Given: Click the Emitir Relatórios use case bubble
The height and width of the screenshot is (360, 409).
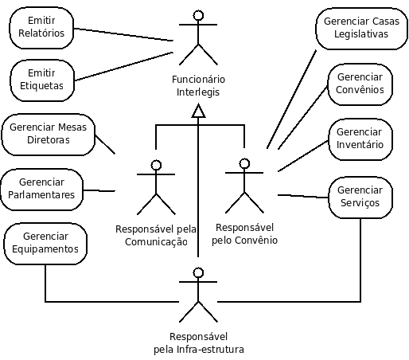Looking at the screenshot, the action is tap(41, 28).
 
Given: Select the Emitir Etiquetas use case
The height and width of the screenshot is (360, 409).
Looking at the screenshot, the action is tap(42, 80).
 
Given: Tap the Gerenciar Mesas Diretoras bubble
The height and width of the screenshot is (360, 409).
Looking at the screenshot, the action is tap(49, 135).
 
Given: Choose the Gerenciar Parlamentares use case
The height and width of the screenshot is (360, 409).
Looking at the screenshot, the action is tap(41, 190).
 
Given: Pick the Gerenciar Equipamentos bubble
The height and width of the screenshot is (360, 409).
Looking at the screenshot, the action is tap(45, 244).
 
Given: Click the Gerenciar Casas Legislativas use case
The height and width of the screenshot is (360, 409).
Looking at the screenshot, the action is tap(361, 29).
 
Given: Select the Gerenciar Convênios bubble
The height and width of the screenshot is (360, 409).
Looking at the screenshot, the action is tap(360, 84).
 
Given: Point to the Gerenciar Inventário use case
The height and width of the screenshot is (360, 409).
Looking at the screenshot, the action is tap(360, 139).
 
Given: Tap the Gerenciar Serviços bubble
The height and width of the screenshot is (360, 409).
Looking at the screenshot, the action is tap(360, 198).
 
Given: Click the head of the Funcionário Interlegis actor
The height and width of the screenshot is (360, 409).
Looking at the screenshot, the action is tap(198, 15).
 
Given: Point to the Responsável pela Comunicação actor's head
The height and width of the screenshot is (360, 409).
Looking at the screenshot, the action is tap(156, 165).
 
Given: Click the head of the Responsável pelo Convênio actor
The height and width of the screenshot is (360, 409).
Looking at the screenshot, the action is tap(244, 163).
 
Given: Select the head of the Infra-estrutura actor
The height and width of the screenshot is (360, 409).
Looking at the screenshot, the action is tap(198, 272).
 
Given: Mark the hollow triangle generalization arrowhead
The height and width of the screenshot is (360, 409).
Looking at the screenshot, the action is tap(198, 111).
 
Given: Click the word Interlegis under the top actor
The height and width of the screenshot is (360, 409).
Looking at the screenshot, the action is tap(198, 92).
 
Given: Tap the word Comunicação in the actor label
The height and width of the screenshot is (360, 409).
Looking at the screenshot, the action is tap(156, 242).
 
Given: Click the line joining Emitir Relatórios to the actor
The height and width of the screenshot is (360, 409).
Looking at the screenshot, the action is tap(123, 34).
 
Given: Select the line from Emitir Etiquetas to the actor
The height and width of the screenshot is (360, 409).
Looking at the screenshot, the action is tap(124, 66).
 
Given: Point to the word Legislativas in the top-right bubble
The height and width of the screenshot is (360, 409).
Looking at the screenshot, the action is tap(361, 34).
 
